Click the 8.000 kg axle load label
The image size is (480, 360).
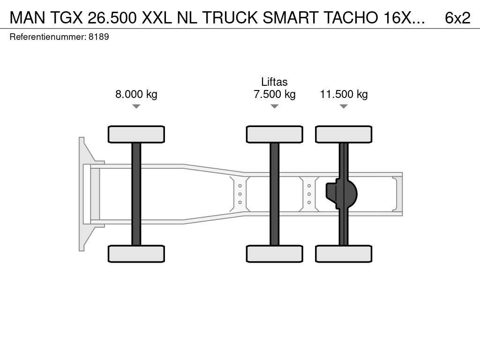coord(136,94)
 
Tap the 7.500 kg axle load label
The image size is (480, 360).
coord(275,94)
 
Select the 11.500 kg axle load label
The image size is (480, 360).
coord(344,94)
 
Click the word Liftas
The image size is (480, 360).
coord(274,82)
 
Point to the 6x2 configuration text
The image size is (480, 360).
coord(457,18)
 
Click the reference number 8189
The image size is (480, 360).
coord(99,37)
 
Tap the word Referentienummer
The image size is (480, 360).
coord(47,37)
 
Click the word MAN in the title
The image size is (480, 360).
coord(27,18)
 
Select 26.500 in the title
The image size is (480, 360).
coord(112,18)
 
